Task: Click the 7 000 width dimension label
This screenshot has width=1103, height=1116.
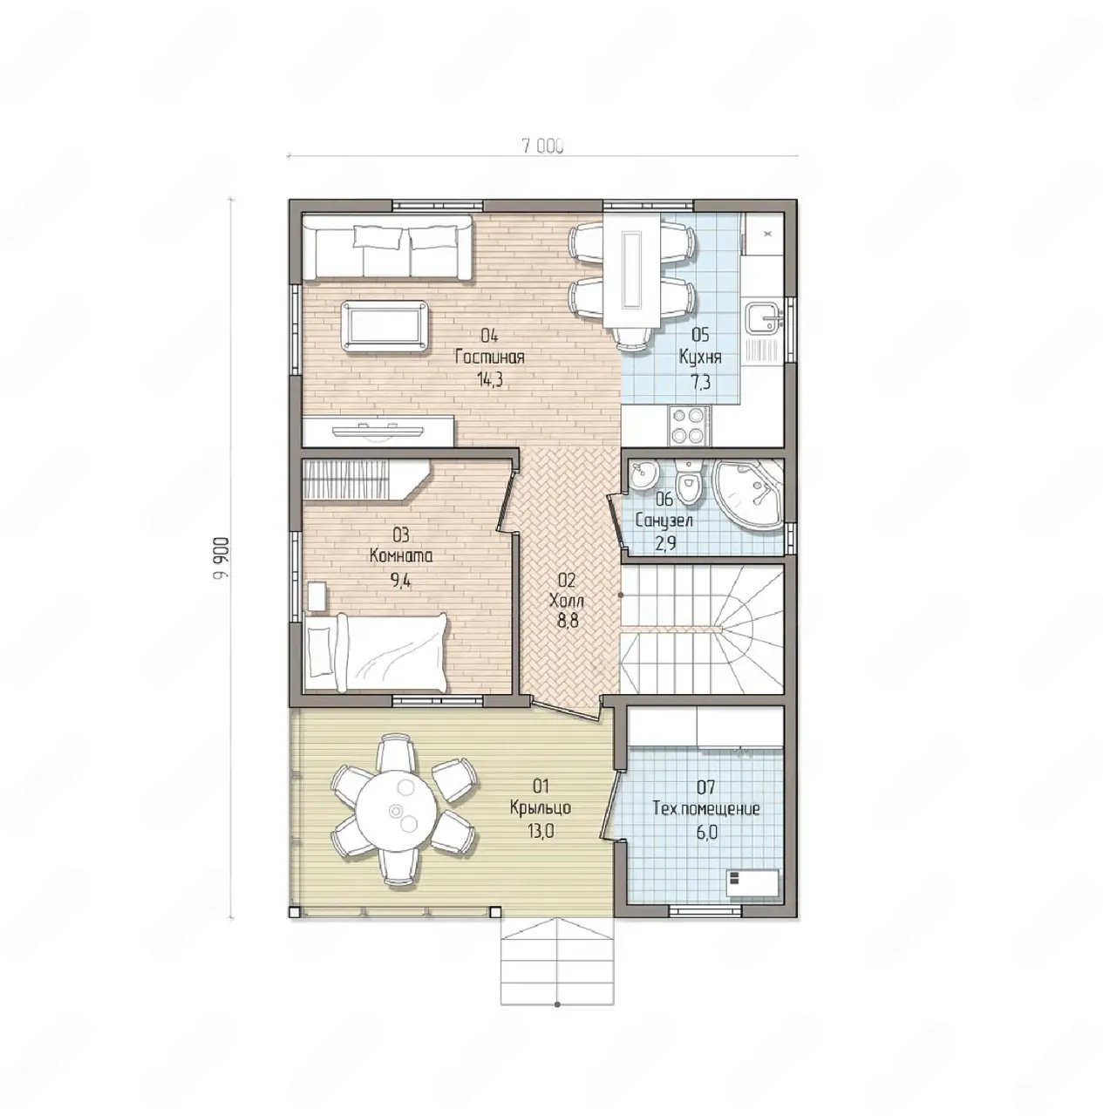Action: (x=542, y=146)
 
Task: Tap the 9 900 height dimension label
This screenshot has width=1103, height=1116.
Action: (x=221, y=559)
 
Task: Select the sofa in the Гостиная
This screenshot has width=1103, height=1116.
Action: (x=388, y=248)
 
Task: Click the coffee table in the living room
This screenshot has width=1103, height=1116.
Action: (x=385, y=326)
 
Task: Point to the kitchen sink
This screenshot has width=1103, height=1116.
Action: (x=764, y=318)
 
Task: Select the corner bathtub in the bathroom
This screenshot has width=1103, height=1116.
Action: (x=747, y=493)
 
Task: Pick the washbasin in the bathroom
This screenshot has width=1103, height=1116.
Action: (x=645, y=475)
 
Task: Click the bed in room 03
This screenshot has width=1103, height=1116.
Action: (x=376, y=653)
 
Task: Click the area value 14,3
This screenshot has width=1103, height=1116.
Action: (x=489, y=380)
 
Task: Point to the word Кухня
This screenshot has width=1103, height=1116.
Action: (x=700, y=357)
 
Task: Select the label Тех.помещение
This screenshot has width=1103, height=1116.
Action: (x=706, y=808)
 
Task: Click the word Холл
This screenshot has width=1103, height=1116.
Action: (x=567, y=601)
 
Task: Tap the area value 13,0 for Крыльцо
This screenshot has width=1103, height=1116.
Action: (x=541, y=831)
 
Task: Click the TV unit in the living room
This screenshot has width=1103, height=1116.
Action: (x=378, y=432)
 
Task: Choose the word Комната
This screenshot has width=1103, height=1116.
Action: (x=401, y=556)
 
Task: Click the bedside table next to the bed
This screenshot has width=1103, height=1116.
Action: (x=316, y=596)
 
